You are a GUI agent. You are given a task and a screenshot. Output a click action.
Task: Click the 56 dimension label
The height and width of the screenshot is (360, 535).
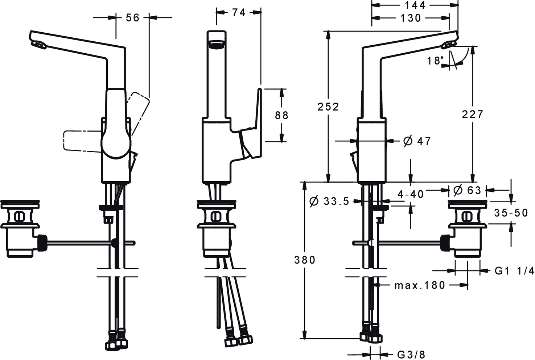coord(132,17)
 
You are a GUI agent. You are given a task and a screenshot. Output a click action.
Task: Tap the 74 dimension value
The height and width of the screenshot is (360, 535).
coord(239,12)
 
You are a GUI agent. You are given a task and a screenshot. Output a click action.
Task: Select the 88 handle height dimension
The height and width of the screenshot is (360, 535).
coord(282,115)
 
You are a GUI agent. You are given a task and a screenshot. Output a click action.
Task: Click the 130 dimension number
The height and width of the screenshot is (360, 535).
coord(411,18)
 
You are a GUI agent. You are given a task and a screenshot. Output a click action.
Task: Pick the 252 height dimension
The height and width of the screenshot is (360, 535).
coord(328,107)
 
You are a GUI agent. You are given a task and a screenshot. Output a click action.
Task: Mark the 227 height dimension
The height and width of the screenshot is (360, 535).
coord(473,114)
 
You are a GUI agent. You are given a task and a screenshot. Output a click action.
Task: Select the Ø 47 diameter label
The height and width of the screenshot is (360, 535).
coord(417,141)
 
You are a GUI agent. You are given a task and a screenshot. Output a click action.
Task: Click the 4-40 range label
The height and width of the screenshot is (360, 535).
coord(411,194)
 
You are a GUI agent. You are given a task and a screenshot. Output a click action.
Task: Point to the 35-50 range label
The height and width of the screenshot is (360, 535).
coord(511,213)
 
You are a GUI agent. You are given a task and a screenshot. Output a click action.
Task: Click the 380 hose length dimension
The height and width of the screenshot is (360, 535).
coord(305,260)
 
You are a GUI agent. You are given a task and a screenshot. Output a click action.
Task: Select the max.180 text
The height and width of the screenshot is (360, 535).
coord(420,285)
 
